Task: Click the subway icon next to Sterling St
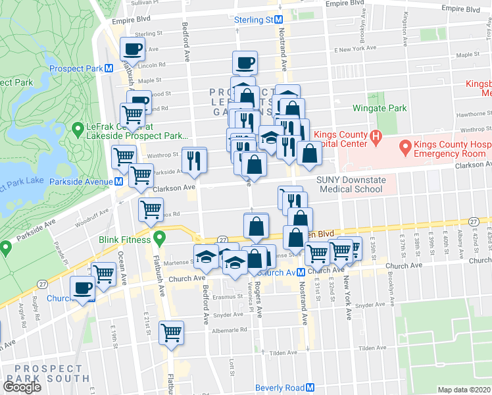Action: (279, 20)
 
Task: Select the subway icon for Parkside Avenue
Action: (119, 182)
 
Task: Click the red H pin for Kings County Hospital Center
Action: (375, 139)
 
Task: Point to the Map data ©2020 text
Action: (464, 390)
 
